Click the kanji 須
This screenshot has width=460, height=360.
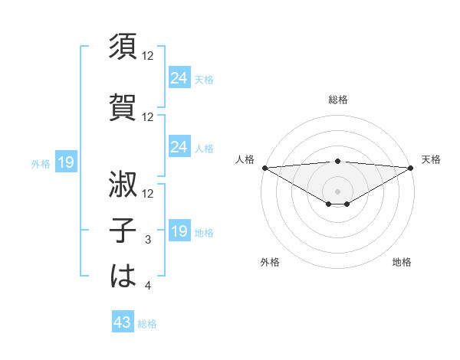[123, 47]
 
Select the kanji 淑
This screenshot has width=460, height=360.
[123, 184]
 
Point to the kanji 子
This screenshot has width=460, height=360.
[123, 229]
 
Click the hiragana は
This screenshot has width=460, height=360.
[123, 275]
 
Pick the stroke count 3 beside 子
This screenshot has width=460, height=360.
[149, 241]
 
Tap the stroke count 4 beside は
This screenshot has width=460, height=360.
[149, 286]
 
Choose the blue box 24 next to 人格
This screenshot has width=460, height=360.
[179, 146]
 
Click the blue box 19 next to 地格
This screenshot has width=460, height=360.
[179, 231]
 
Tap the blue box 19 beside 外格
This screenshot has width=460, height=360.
[66, 162]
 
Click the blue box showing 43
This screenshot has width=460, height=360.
[123, 323]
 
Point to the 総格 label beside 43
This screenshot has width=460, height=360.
[147, 324]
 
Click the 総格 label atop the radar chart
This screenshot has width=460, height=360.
[337, 100]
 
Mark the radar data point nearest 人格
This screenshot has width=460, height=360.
[264, 168]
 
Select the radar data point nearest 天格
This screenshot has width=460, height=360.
[410, 168]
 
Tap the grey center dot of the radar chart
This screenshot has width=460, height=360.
[337, 191]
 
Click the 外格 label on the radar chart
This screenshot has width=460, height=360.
[270, 262]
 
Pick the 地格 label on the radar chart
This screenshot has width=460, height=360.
[402, 262]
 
